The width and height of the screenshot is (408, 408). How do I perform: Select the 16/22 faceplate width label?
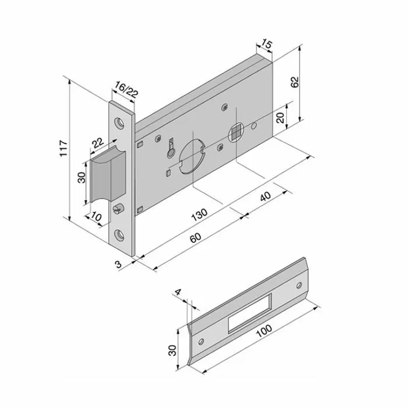[126, 90]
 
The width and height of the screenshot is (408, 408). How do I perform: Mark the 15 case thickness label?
[266, 45]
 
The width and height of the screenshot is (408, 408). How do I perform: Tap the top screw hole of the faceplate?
[120, 123]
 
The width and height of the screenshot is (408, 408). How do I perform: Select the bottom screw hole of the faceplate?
[120, 234]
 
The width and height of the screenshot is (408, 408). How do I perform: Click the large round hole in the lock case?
[192, 157]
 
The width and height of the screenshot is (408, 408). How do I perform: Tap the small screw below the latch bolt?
[119, 207]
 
